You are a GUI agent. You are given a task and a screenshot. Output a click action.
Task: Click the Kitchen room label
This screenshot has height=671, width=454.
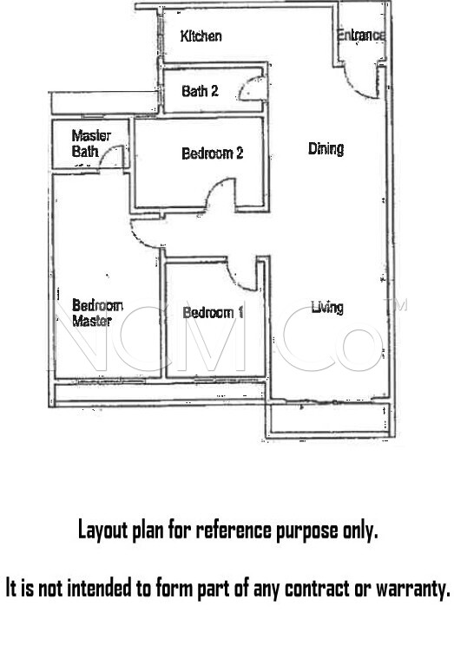(x=201, y=36)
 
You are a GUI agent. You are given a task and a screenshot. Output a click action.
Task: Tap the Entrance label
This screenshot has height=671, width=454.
(x=360, y=36)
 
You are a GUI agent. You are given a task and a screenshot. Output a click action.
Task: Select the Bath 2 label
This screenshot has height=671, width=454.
(x=200, y=90)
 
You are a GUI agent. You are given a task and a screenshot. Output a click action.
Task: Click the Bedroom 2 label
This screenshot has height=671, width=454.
(x=212, y=153)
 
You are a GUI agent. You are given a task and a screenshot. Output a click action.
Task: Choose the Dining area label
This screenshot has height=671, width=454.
(x=326, y=148)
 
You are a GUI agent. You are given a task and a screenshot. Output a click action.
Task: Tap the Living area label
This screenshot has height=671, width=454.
(x=327, y=307)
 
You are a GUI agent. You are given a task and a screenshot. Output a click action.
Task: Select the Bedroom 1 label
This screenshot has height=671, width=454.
(x=213, y=312)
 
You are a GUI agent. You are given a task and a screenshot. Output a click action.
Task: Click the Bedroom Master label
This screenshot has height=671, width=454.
(x=97, y=313)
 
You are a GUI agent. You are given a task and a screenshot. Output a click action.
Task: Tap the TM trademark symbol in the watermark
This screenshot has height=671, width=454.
(x=400, y=305)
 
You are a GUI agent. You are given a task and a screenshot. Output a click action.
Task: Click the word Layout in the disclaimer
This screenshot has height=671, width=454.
(x=101, y=530)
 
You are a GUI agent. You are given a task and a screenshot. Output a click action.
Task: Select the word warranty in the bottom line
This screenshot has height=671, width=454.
(x=410, y=590)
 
